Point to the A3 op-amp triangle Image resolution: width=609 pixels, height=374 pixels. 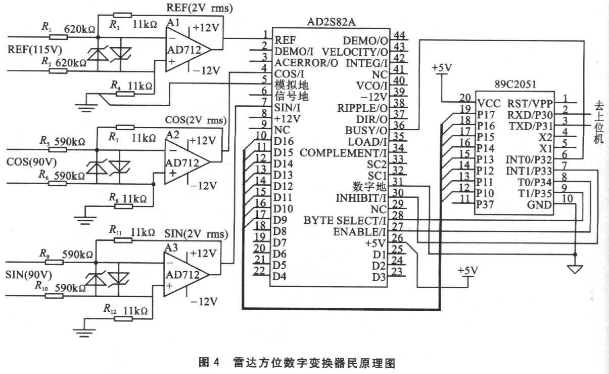click(185, 274)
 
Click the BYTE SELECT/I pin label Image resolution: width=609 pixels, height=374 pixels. click(345, 221)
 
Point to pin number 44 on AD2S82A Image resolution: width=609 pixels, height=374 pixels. click(399, 35)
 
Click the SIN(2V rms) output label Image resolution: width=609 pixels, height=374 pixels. click(197, 235)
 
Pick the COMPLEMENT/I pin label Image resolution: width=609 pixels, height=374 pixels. click(343, 153)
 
